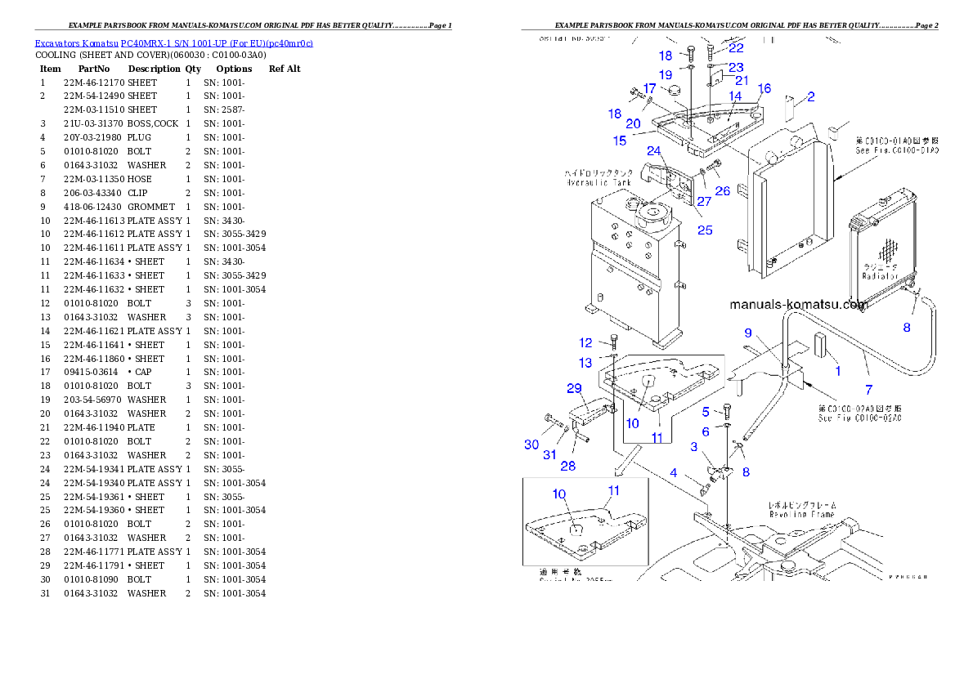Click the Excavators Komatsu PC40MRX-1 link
coord(173,42)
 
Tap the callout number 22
coord(737,48)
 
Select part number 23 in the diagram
coord(736,67)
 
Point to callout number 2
coord(810,97)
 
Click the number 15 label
coord(620,141)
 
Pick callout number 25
coord(704,230)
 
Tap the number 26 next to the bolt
coord(723,191)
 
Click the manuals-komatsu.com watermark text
coord(798,305)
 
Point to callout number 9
coord(748,333)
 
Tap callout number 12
coord(586,343)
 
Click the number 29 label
coord(574,388)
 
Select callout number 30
coord(531,445)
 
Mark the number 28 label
coord(567,466)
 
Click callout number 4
coord(674,473)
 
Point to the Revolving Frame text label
coord(801,510)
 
